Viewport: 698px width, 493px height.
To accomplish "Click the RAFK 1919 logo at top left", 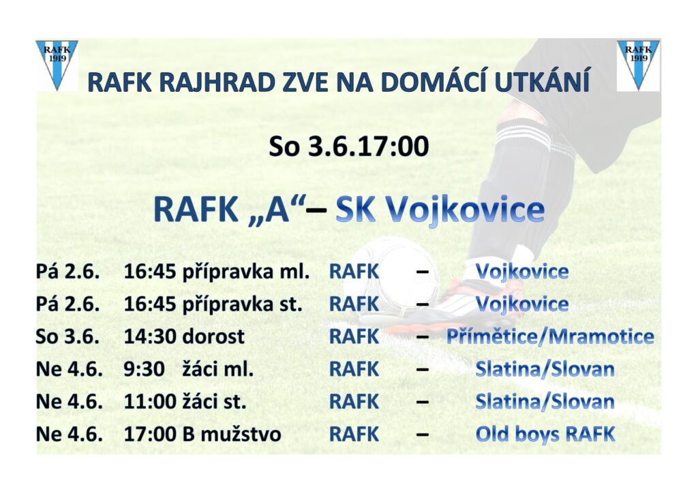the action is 57,65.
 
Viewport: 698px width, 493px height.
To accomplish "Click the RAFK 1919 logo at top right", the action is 638,65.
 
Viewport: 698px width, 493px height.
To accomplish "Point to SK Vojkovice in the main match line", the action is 440,209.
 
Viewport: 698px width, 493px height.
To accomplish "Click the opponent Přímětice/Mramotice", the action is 550,336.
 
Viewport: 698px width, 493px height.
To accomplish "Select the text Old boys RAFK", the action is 545,434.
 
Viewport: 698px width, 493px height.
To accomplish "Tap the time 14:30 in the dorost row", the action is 150,336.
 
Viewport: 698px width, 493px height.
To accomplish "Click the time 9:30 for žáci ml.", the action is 145,369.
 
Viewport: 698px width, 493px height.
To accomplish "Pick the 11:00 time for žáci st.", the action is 150,402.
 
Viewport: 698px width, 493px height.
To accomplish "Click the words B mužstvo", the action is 232,434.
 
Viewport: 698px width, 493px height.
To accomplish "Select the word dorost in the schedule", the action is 213,336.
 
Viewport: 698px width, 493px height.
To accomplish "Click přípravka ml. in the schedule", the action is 246,272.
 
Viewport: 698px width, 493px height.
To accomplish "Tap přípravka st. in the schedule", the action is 243,304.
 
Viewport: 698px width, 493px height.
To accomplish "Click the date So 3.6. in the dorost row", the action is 67,336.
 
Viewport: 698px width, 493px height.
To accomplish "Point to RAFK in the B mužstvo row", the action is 354,434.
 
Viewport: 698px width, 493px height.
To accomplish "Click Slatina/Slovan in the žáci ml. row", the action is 545,370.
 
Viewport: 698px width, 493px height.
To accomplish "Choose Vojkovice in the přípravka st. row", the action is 522,304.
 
